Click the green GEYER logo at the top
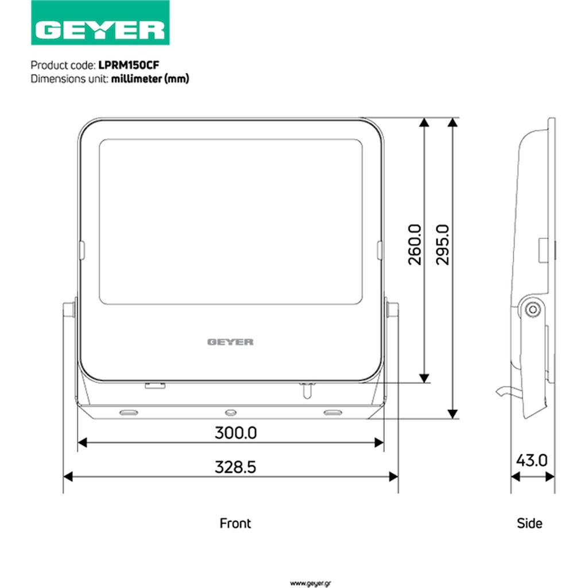(100, 22)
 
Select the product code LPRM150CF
(129, 65)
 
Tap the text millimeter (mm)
(150, 79)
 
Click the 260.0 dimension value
(415, 245)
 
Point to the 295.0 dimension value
(443, 245)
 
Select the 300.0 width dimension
(236, 433)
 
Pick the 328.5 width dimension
(235, 467)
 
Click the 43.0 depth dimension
(532, 460)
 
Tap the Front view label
(235, 523)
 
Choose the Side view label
(529, 523)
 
